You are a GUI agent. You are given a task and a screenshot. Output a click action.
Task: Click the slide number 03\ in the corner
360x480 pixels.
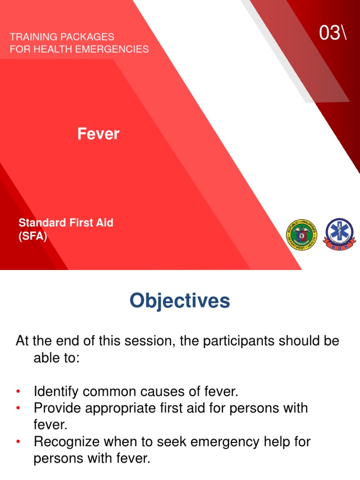(333, 33)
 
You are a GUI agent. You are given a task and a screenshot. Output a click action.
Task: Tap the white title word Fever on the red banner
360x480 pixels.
(98, 135)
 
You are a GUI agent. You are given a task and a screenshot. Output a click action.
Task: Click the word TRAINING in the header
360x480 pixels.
(30, 37)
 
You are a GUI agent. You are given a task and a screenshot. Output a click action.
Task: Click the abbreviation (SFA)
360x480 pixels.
(33, 236)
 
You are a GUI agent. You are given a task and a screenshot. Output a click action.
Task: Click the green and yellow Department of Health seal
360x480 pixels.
(301, 234)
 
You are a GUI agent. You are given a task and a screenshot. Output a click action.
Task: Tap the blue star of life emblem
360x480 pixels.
(340, 234)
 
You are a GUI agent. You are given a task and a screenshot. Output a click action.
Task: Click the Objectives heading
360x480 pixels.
(180, 301)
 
